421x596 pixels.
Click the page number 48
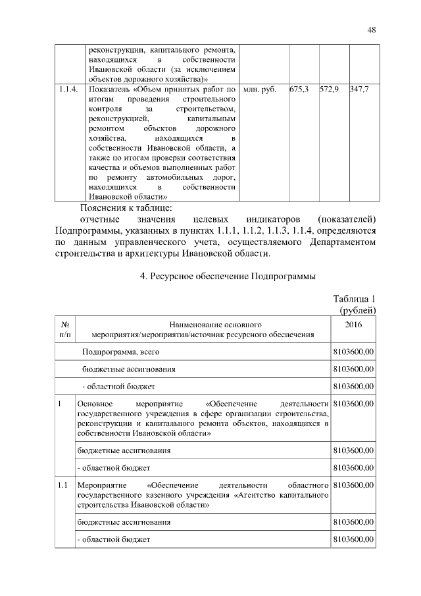click(371, 30)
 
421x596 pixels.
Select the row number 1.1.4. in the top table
click(67, 88)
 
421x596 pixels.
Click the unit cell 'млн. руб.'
click(260, 88)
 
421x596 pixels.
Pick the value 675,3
click(299, 88)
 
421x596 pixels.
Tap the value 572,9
click(329, 88)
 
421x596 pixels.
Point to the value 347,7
click(359, 88)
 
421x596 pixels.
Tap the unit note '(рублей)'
click(357, 310)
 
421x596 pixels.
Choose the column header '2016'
click(353, 325)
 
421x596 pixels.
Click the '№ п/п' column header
click(65, 330)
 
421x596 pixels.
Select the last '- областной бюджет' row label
click(114, 539)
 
